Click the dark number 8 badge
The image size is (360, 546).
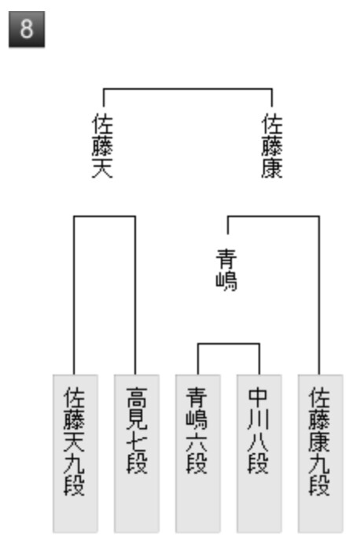click(27, 29)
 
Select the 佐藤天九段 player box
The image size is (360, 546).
click(75, 454)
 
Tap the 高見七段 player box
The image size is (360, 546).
click(137, 454)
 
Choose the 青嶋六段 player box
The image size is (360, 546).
click(198, 454)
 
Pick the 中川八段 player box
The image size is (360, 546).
click(259, 454)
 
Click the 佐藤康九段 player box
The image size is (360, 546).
click(321, 454)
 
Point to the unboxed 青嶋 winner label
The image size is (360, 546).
click(226, 270)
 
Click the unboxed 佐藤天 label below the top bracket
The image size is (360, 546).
click(103, 146)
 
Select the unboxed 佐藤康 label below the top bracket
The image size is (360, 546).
click(272, 146)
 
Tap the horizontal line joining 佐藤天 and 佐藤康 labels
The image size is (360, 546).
click(188, 89)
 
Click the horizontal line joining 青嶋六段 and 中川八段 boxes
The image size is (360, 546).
click(229, 344)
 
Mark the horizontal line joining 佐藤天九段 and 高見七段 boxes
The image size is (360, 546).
click(105, 216)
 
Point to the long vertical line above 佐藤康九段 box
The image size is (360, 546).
click(319, 295)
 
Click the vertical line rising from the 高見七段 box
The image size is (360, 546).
click(135, 295)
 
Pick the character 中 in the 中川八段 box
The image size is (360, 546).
click(258, 397)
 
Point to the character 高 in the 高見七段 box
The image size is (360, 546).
click(137, 397)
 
